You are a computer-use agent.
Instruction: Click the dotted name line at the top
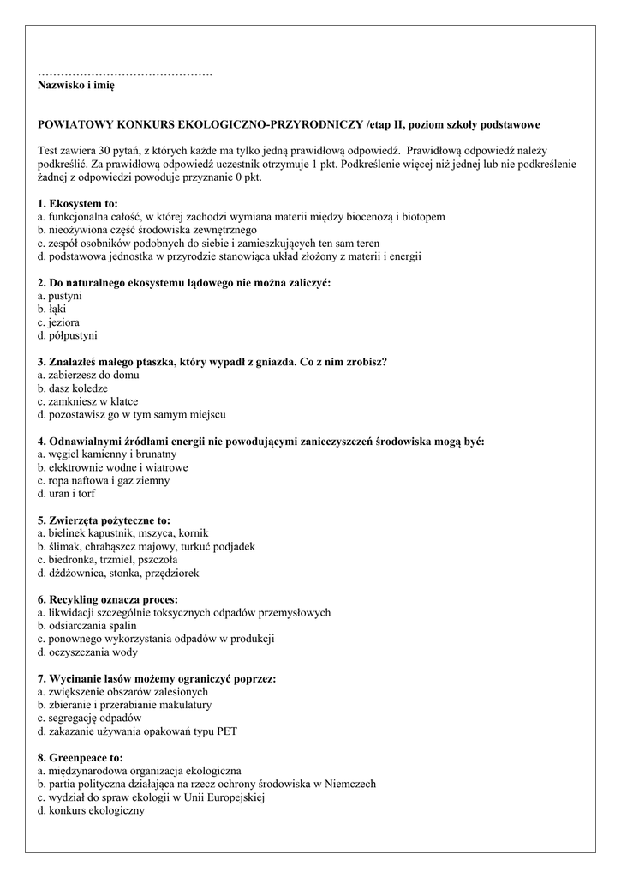click(x=125, y=74)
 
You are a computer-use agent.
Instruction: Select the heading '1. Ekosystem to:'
click(x=78, y=204)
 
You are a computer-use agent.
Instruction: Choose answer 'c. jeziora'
click(x=59, y=322)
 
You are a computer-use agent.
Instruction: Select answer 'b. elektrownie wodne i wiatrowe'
click(x=113, y=467)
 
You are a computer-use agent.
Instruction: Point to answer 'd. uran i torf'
click(x=67, y=494)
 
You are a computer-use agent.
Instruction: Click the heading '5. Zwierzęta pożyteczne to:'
click(x=104, y=520)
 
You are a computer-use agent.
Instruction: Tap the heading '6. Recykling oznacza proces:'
click(x=108, y=599)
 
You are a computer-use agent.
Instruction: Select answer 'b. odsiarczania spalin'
click(x=87, y=626)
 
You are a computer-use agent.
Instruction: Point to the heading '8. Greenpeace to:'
click(x=81, y=758)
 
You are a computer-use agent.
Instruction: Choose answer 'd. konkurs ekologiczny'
click(x=91, y=810)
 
